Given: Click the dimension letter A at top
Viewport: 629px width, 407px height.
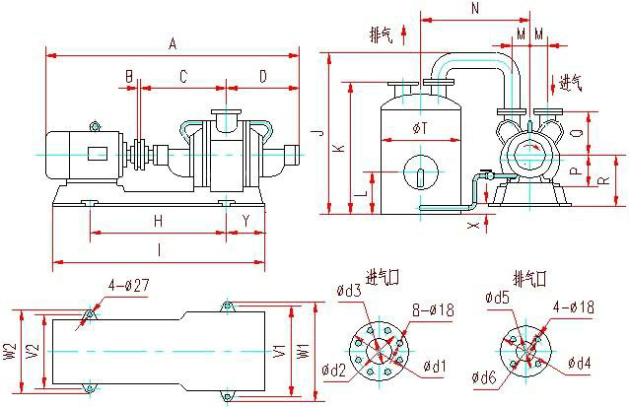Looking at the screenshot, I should (173, 43).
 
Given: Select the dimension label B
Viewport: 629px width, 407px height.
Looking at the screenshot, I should (129, 76).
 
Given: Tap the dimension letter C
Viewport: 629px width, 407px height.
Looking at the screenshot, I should (183, 76).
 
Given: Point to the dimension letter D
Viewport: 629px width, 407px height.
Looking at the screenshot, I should (262, 76).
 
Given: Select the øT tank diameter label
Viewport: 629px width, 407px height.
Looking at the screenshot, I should (420, 128).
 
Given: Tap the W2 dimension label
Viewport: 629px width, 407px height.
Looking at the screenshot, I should (9, 351).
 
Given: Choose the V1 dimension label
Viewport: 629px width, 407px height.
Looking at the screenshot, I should (279, 351).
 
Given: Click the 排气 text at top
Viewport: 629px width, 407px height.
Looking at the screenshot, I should (381, 36).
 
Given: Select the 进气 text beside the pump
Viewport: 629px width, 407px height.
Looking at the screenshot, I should (571, 82).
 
